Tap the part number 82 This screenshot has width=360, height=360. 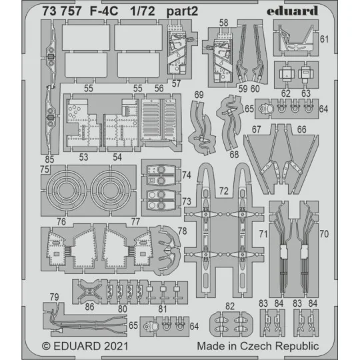(x=230, y=306)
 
